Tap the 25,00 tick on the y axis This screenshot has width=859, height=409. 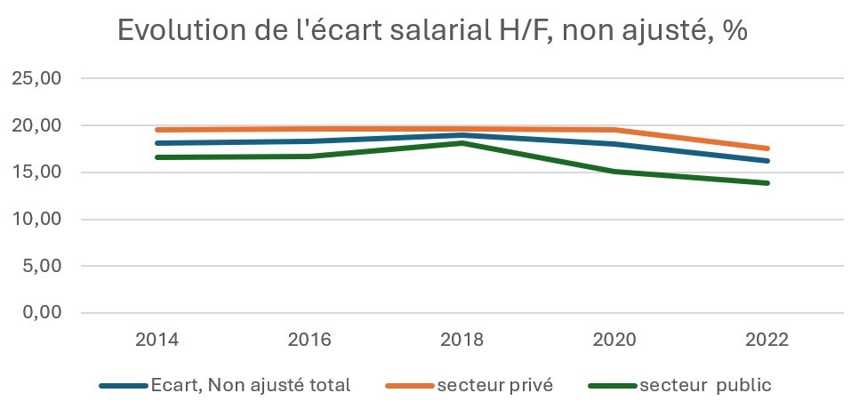pos(36,78)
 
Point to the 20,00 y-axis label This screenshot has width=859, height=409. pos(36,125)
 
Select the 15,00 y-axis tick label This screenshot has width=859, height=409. pos(36,172)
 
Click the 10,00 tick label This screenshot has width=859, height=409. pos(36,220)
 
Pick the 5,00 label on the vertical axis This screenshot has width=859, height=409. pos(41,266)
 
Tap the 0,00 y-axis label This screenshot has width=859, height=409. pos(41,313)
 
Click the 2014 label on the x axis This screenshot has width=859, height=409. pos(156,340)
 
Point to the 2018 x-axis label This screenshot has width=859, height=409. pos(462,340)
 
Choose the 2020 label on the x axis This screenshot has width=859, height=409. pos(614,340)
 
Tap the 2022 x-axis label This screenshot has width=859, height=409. pos(767,340)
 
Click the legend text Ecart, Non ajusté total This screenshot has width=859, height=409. pos(251,385)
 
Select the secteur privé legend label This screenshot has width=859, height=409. pos(494,385)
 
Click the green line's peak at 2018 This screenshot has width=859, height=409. pos(462,143)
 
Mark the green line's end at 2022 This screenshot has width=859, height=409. pos(767,183)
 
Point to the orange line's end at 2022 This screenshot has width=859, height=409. pos(767,148)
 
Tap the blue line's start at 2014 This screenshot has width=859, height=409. pos(157,143)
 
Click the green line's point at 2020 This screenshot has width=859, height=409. pos(614,172)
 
